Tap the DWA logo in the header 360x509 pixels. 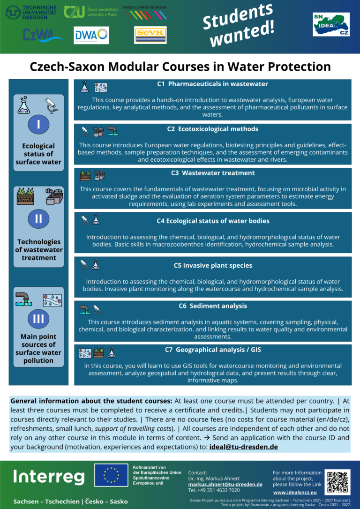(91, 35)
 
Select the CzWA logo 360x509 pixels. (43, 35)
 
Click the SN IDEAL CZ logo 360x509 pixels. (330, 24)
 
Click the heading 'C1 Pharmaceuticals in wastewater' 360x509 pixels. (212, 84)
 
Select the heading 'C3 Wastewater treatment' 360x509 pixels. (212, 173)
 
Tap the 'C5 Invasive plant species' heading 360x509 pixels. (213, 265)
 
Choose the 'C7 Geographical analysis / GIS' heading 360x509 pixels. (213, 350)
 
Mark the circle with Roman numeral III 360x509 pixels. (38, 319)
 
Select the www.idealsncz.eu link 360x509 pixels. (295, 492)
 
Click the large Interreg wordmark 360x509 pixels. (49, 477)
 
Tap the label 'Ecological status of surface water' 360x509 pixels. (38, 154)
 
